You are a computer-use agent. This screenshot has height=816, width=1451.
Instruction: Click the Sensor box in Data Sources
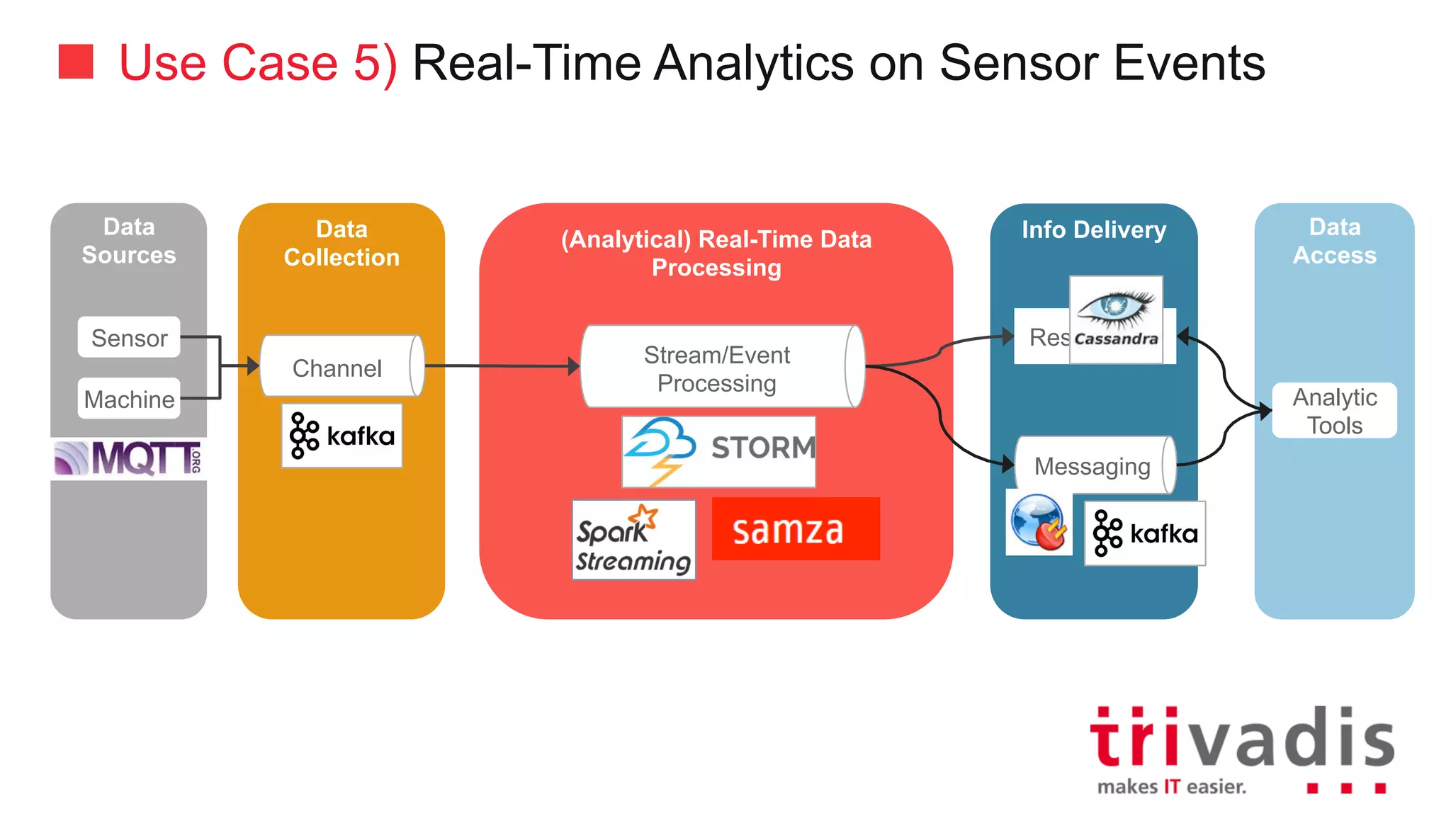point(129,337)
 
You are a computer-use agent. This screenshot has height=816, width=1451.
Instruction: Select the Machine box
point(129,399)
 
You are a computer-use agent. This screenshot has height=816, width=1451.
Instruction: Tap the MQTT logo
point(128,458)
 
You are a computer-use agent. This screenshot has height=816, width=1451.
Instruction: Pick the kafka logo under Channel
point(341,436)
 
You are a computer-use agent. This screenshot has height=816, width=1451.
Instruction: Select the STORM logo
point(718,451)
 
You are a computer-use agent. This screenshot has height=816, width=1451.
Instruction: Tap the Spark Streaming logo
point(633,540)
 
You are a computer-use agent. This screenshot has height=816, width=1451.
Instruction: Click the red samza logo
point(795,529)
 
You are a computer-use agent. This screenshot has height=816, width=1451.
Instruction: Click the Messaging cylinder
point(1094,465)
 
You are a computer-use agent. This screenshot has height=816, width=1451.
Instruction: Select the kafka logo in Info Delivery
point(1144,533)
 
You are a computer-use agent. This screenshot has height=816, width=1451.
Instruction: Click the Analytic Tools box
point(1334,411)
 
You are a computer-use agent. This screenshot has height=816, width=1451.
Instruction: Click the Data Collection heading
point(341,243)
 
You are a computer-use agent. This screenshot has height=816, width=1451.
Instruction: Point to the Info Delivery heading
point(1093,229)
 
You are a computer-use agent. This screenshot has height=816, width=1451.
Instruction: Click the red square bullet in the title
point(76,62)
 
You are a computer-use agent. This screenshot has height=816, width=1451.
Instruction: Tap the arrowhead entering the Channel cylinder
point(254,366)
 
